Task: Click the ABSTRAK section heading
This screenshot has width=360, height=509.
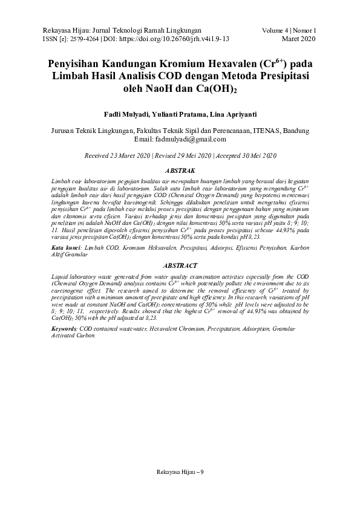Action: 180,171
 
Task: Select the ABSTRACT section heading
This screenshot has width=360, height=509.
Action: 180,265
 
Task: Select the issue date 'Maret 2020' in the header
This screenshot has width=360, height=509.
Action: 299,37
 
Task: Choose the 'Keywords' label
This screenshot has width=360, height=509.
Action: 64,328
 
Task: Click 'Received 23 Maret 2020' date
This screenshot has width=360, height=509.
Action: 118,156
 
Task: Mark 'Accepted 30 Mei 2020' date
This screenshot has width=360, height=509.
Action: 245,156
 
